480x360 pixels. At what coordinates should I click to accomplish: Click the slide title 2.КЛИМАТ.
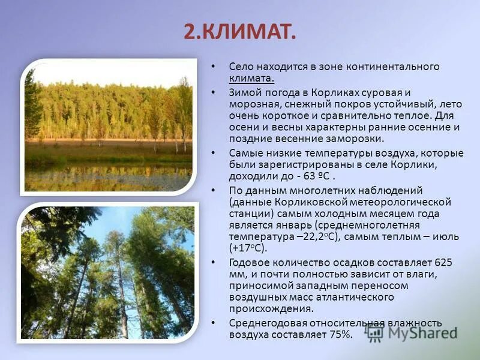pyautogui.click(x=239, y=31)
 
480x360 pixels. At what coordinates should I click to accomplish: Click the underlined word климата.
pyautogui.click(x=251, y=78)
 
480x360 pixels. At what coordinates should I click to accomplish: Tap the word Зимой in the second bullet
pyautogui.click(x=244, y=92)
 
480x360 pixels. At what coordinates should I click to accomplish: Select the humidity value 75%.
pyautogui.click(x=339, y=334)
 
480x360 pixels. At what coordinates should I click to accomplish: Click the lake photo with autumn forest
pyautogui.click(x=109, y=127)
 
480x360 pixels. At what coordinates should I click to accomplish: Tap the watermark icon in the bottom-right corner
pyautogui.click(x=376, y=332)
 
